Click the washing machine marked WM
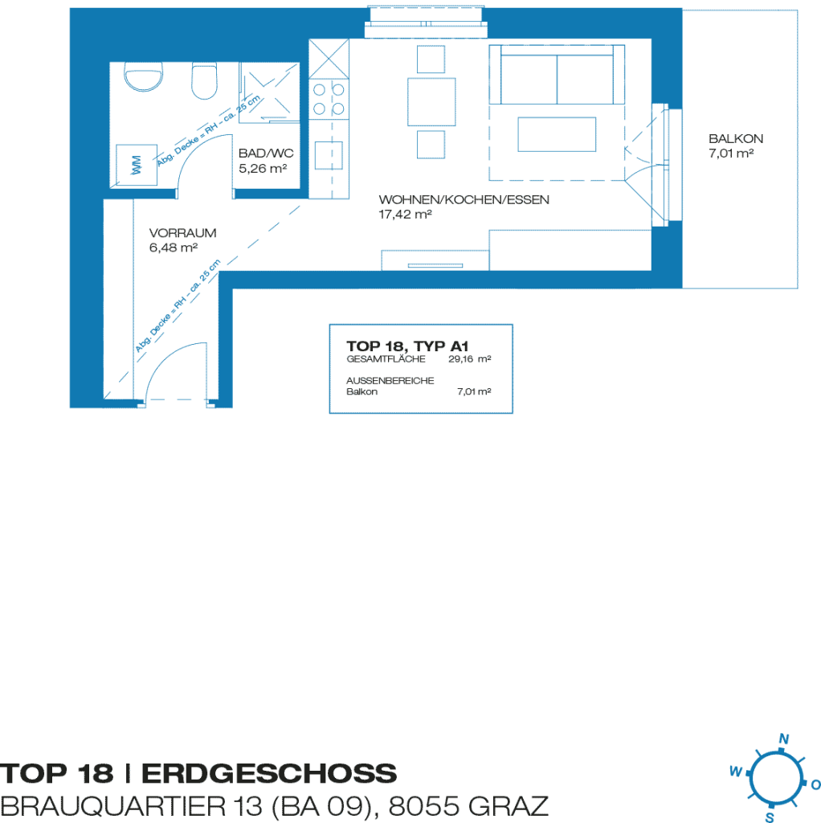tap(137, 165)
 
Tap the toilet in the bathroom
tap(204, 80)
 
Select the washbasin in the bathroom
tap(143, 76)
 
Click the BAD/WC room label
tap(266, 154)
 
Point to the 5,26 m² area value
tap(263, 169)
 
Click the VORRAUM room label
tap(182, 232)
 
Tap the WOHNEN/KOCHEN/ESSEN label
tap(464, 199)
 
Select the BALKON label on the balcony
tap(736, 138)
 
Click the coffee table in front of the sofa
tap(557, 134)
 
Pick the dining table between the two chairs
tap(431, 102)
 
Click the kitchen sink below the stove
tap(329, 155)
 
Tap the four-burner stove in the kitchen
tap(329, 99)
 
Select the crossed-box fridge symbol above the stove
tap(329, 59)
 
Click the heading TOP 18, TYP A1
tap(407, 346)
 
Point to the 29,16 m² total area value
tap(469, 359)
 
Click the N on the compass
tap(784, 739)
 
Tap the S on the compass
tap(770, 817)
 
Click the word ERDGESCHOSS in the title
tap(269, 774)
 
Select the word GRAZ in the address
tap(508, 806)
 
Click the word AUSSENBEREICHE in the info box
tap(390, 380)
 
